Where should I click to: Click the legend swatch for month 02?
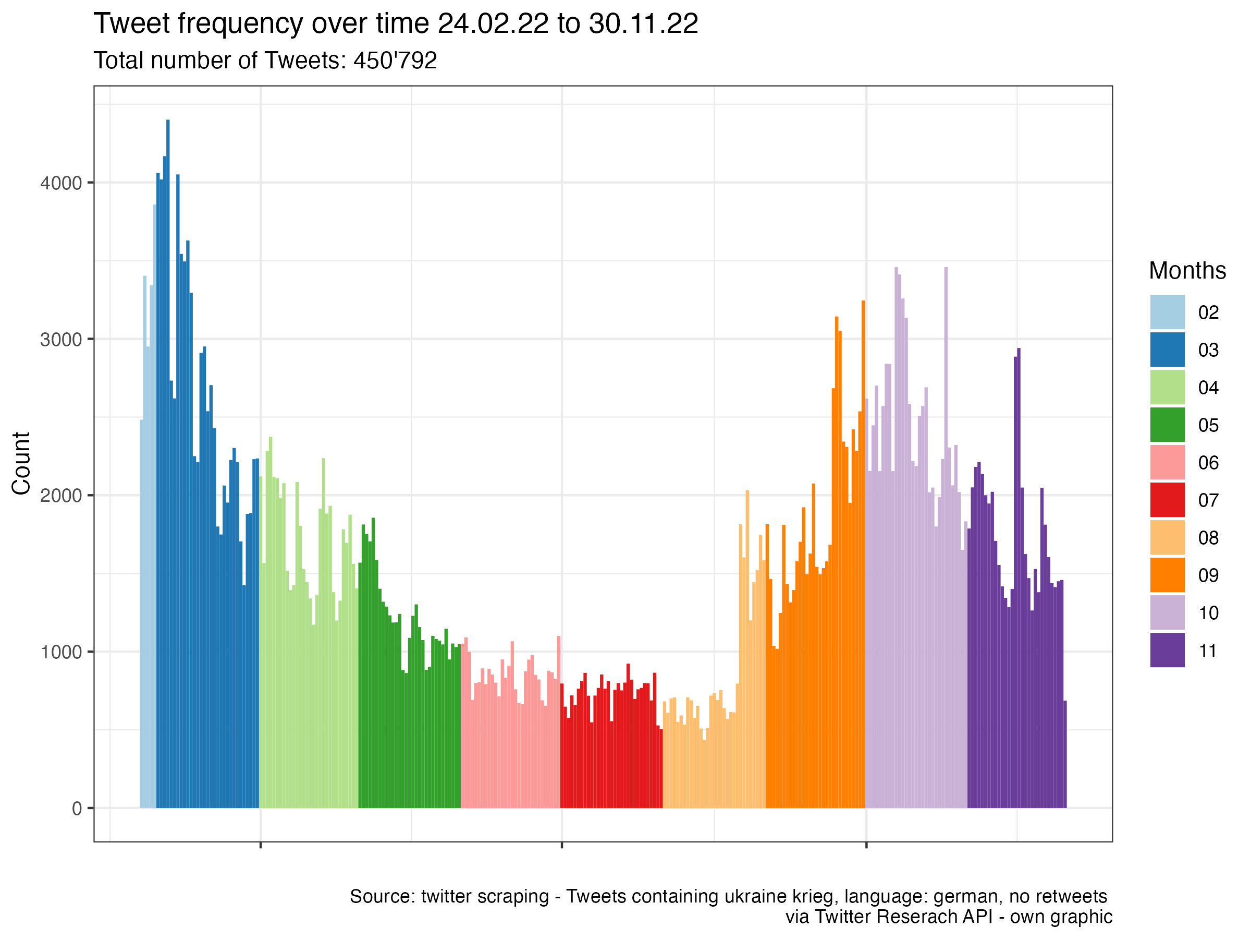click(1167, 312)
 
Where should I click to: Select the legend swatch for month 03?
click(1167, 350)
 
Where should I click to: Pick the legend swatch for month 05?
click(1167, 425)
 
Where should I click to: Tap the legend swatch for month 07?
click(1167, 500)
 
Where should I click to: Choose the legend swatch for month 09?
click(1167, 575)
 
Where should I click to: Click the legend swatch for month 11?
click(1167, 651)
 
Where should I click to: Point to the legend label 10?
click(1208, 613)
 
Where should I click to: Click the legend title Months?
click(1187, 271)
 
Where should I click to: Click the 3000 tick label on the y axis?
click(60, 340)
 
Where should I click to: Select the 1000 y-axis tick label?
click(60, 652)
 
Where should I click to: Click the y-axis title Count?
click(21, 463)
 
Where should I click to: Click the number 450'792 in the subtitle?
click(395, 61)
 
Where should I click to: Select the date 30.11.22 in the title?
click(643, 24)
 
